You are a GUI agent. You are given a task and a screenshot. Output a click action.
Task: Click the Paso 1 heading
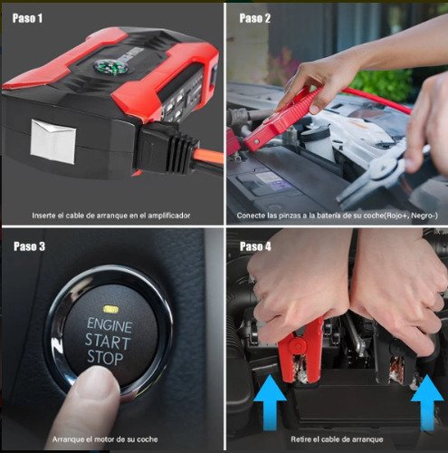coord(27,18)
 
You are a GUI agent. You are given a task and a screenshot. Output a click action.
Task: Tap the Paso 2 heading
coord(254,18)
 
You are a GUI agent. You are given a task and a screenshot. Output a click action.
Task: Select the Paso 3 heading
coord(29,246)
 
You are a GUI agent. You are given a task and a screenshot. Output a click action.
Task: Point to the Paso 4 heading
coord(255,246)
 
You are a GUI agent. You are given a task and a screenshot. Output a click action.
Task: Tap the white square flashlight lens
coord(53,141)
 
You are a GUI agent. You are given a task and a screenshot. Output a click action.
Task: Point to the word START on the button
coord(108,342)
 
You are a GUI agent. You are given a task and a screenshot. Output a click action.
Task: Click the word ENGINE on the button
coord(110,325)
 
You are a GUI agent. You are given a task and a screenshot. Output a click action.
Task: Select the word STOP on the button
coord(105,358)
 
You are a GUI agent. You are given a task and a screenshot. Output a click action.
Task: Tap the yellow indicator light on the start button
coord(110,309)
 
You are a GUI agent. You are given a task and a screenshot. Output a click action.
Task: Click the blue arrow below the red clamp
coord(270,402)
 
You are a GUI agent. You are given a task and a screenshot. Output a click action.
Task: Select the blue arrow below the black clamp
coord(427,402)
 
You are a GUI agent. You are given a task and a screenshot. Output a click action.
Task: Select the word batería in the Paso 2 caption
coord(328,216)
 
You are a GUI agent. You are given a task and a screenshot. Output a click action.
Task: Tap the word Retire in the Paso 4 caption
coord(300,439)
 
